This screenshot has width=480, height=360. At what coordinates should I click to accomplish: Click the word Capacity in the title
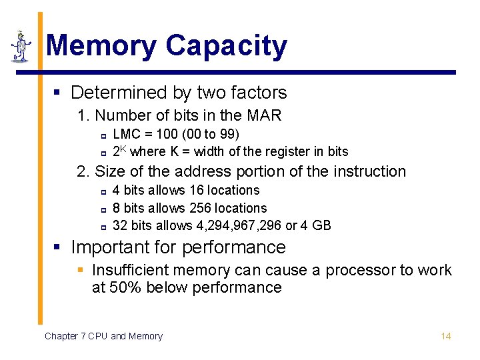226,47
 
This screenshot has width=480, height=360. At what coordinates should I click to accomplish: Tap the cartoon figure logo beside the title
22,47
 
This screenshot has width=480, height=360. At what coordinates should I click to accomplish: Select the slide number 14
446,336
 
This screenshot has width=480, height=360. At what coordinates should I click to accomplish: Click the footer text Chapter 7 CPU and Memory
103,336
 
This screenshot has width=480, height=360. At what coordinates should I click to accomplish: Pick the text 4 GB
315,225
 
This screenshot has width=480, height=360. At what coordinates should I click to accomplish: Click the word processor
360,271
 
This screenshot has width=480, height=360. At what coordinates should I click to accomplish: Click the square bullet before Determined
57,93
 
